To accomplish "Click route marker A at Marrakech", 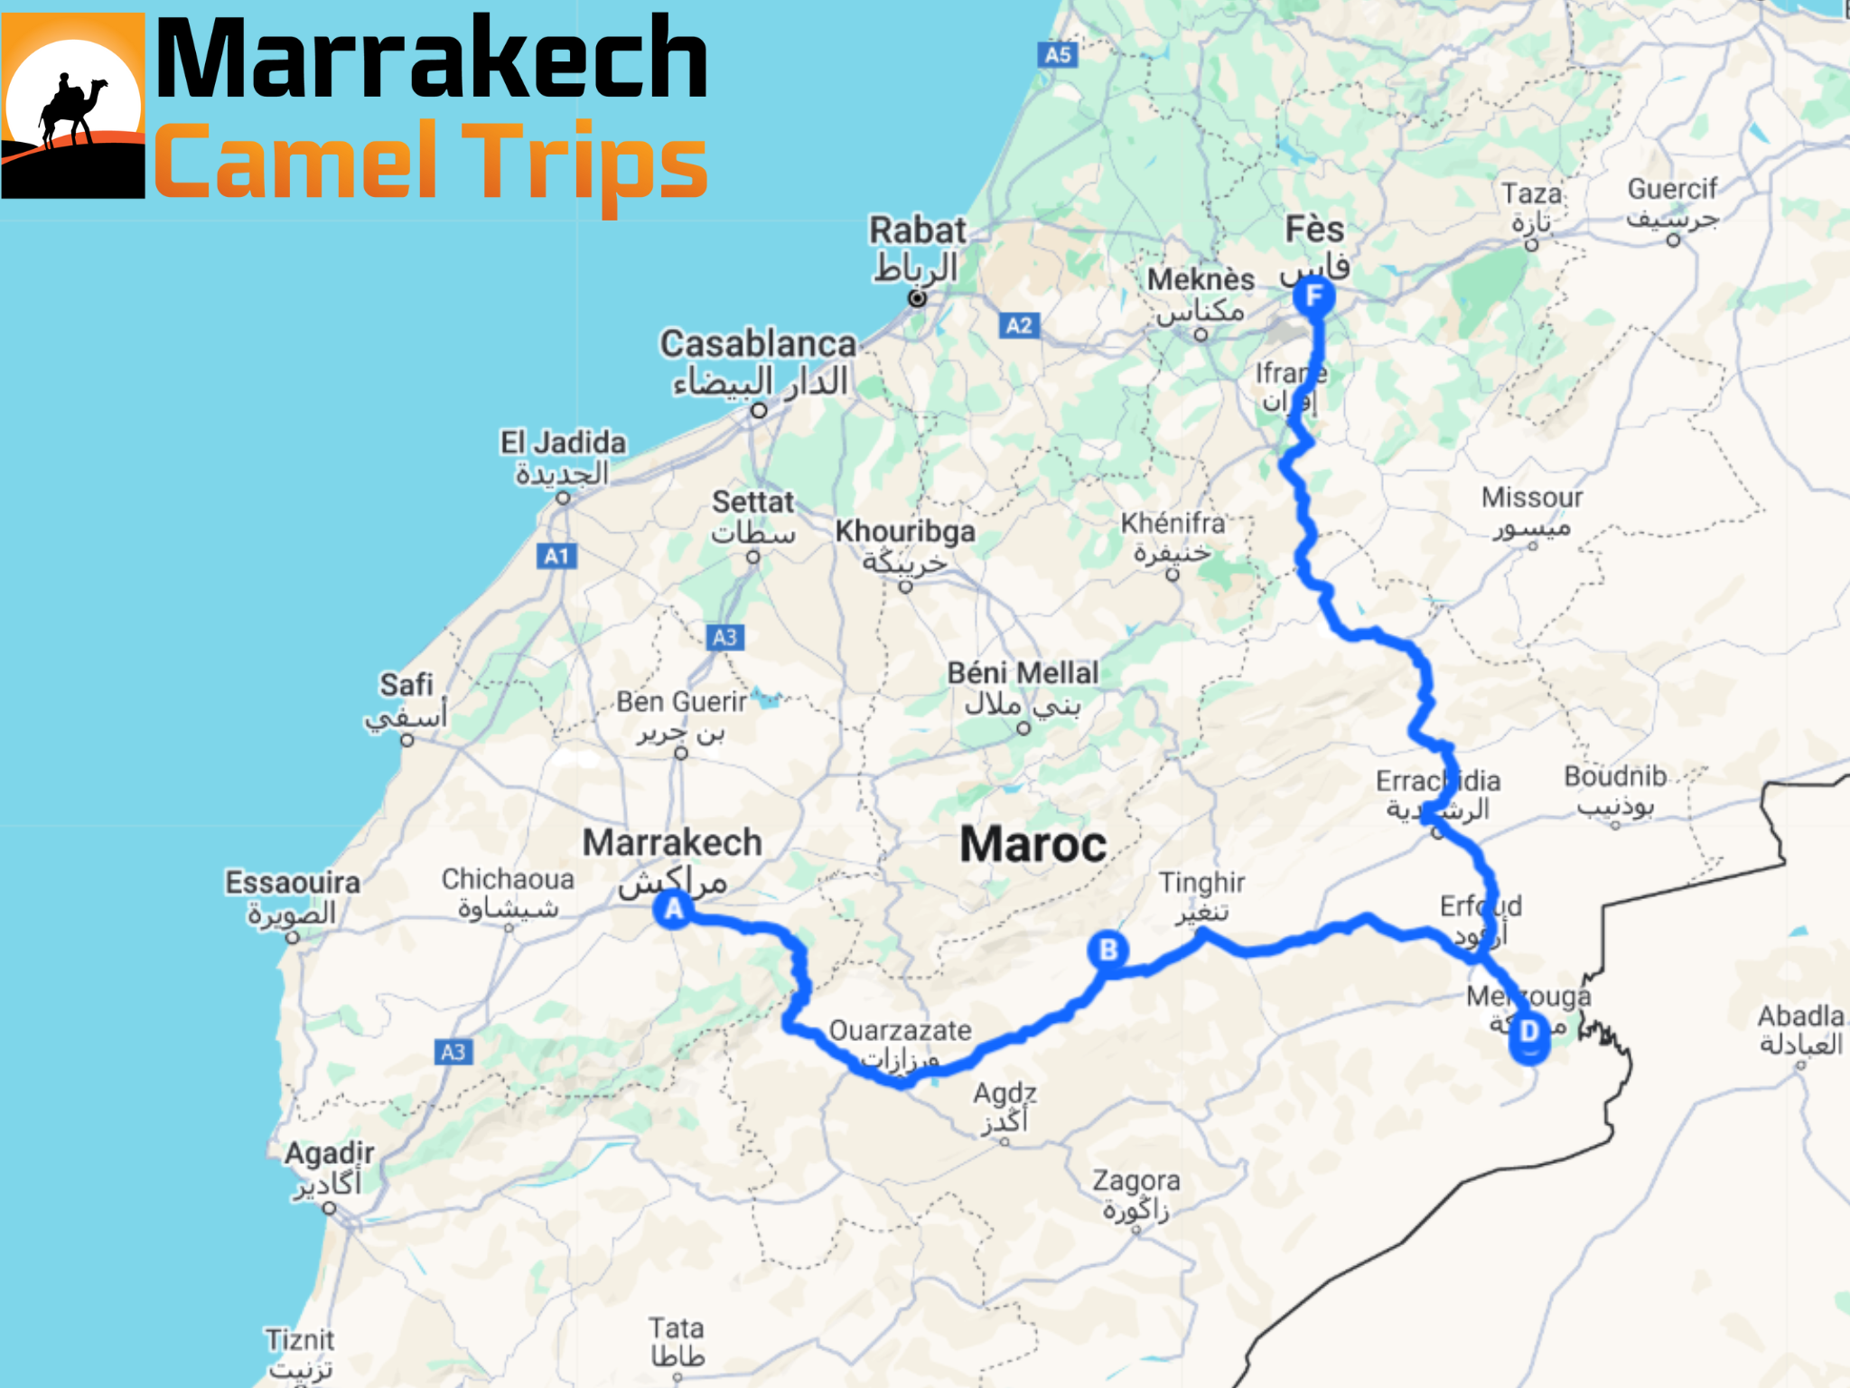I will click(674, 909).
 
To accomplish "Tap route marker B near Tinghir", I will click(1108, 951).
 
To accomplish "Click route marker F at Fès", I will click(1314, 296).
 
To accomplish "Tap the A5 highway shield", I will click(1058, 55).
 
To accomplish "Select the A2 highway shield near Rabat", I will click(1019, 326).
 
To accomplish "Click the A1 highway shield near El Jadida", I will click(556, 557).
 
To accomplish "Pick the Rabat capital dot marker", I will click(917, 298).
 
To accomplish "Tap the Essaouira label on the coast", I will click(293, 883).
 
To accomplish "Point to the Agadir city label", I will click(329, 1154).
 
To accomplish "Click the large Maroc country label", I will click(1032, 845).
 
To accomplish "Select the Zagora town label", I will click(1135, 1181).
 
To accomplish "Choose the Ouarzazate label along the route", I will click(900, 1031).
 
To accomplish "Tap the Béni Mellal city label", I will click(1023, 673).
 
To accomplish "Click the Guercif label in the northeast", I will click(1672, 190).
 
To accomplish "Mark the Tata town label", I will click(676, 1328).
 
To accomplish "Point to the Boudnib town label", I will click(1615, 776).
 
